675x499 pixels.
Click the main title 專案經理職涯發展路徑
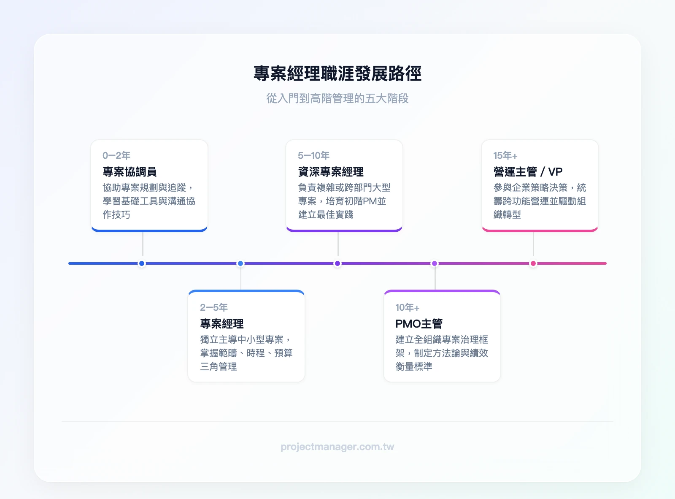point(337,73)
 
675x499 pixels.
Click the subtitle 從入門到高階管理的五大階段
point(337,98)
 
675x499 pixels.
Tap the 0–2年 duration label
point(116,155)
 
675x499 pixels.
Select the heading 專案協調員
point(130,172)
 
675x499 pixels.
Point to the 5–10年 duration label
point(313,155)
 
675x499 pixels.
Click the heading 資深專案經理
point(331,172)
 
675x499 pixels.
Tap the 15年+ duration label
point(505,155)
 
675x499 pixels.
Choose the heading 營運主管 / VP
point(528,172)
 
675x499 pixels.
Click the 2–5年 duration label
point(214,307)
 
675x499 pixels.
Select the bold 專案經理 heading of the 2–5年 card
point(222,324)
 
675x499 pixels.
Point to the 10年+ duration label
point(407,307)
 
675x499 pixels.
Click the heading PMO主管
point(419,324)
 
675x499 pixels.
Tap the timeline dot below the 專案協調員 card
point(142,263)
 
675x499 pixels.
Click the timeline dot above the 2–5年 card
point(240,263)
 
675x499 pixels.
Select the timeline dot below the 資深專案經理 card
point(337,263)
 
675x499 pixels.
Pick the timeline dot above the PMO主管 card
point(435,263)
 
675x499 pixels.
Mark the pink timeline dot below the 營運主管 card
point(533,263)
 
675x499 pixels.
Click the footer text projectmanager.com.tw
point(337,447)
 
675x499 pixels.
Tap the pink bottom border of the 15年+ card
point(540,231)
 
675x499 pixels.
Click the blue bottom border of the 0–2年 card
point(149,231)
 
